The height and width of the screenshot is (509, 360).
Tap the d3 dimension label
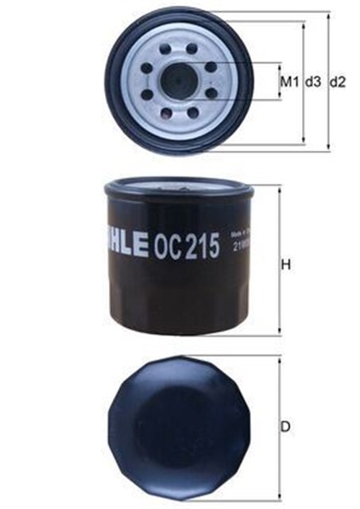[312, 82]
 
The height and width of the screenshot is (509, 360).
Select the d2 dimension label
[337, 82]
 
